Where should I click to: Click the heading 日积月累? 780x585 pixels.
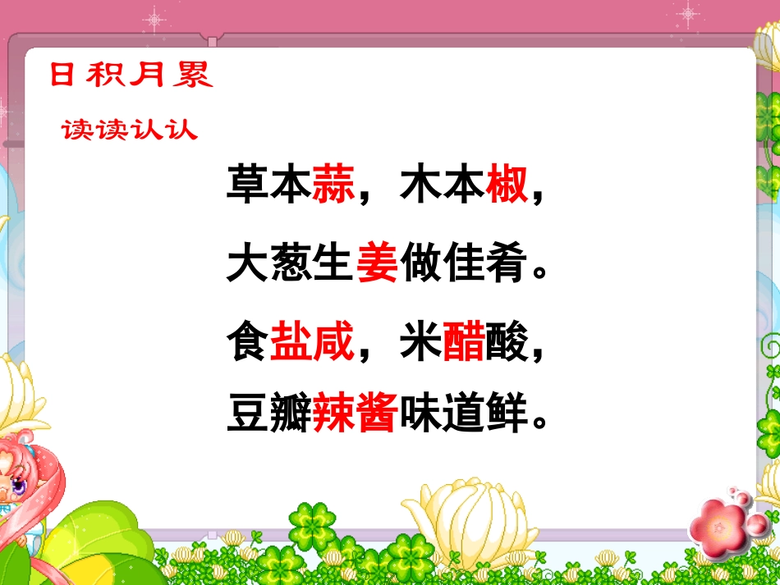(131, 74)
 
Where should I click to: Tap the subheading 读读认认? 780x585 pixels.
(130, 130)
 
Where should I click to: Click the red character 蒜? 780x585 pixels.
(333, 185)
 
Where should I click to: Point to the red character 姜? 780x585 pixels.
(377, 263)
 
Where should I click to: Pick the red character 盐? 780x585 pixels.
(291, 341)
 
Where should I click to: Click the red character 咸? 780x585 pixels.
(333, 341)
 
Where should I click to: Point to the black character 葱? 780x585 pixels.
(291, 263)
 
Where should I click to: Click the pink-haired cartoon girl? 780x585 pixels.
(25, 476)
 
